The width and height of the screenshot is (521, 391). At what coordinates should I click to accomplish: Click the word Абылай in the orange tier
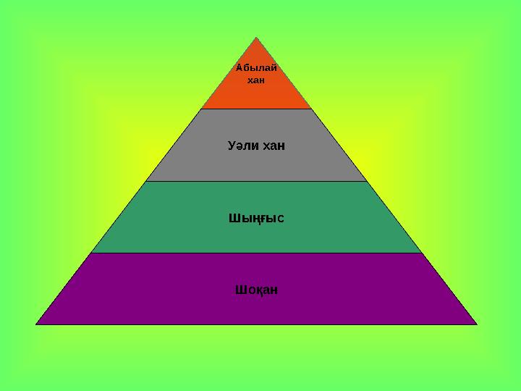(256, 68)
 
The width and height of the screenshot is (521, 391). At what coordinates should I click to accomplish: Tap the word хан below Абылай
(256, 80)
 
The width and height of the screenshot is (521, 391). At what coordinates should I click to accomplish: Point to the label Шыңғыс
(256, 219)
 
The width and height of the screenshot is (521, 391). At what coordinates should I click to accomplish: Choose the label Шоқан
(256, 290)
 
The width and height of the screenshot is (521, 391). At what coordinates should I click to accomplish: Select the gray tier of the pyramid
(256, 145)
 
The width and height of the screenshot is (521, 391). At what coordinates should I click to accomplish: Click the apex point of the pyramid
(256, 37)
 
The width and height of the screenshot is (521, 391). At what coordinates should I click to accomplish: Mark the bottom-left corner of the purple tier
(36, 324)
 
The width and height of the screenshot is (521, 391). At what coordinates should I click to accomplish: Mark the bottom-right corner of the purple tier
(477, 324)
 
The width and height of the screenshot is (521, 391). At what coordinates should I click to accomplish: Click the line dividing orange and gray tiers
(256, 109)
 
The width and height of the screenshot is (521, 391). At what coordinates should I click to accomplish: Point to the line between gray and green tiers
(256, 181)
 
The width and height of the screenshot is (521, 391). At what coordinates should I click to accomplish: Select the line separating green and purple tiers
(256, 253)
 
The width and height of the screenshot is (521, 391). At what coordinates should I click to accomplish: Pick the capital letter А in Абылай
(240, 68)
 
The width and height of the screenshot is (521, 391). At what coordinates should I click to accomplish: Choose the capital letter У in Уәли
(232, 146)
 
